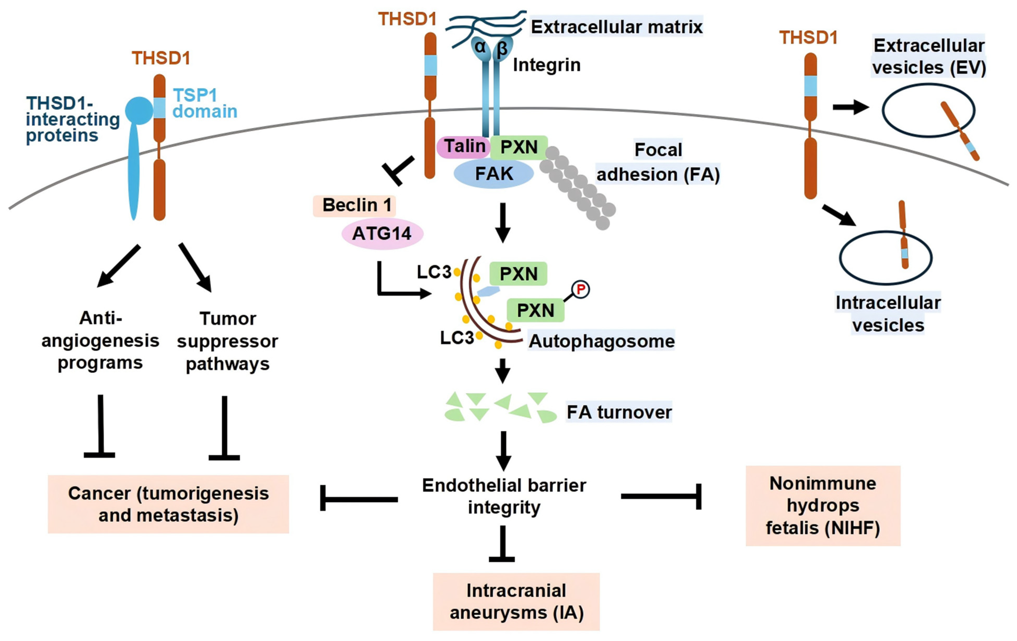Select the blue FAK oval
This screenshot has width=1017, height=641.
[493, 174]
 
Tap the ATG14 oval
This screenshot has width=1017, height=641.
[382, 234]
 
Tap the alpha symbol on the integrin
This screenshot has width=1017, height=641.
[480, 47]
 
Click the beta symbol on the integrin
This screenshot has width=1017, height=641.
[502, 49]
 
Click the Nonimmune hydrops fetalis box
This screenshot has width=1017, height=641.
[823, 506]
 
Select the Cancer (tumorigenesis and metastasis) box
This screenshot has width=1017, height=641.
[168, 504]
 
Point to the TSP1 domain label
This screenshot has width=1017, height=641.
[204, 104]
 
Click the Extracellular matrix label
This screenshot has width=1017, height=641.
[616, 27]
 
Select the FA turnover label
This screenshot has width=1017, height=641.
[619, 412]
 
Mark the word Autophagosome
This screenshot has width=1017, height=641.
[601, 341]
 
